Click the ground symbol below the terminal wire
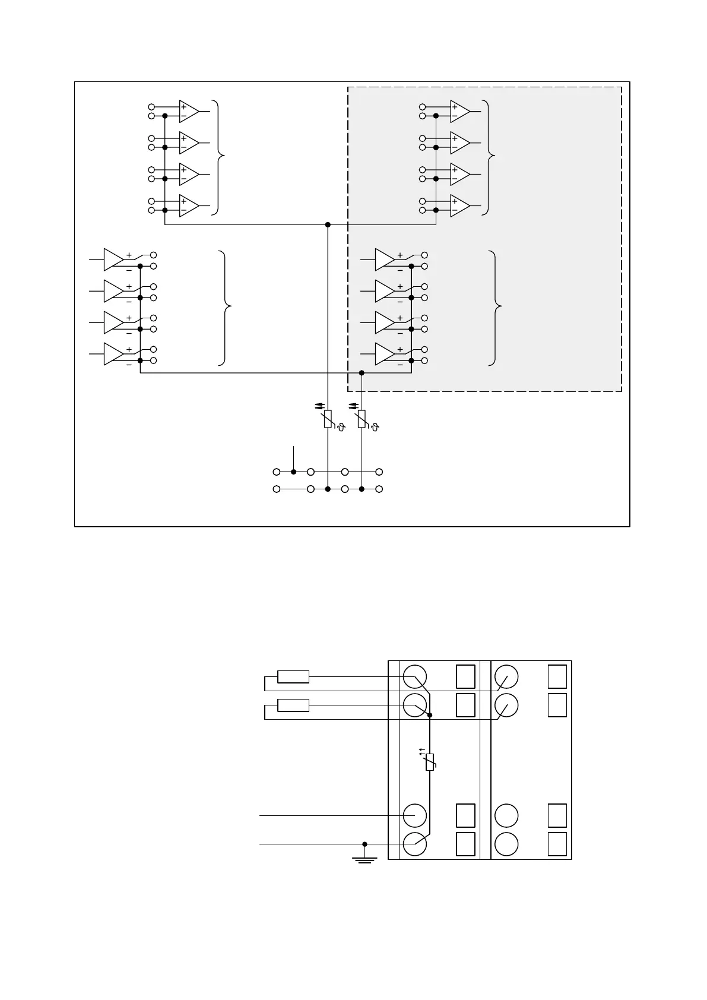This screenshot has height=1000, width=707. click(364, 858)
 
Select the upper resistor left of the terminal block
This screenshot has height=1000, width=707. click(293, 676)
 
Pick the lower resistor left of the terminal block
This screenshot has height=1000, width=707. click(293, 705)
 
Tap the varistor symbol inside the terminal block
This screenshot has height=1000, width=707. click(430, 761)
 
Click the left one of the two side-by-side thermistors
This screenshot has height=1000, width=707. click(328, 419)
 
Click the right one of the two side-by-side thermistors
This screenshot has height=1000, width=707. click(362, 419)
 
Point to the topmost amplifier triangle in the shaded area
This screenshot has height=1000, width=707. click(459, 111)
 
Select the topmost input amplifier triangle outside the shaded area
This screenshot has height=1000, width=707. click(189, 111)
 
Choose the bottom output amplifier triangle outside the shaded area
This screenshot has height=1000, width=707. click(113, 354)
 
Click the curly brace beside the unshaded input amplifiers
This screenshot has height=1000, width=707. click(221, 157)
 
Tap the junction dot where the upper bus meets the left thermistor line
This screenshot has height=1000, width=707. click(328, 224)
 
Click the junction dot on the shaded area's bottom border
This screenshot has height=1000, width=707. click(362, 373)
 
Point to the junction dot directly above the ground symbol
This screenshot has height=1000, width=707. click(364, 844)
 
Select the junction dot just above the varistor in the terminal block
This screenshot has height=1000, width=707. click(430, 716)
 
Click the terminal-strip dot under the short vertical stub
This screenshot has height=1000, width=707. click(293, 472)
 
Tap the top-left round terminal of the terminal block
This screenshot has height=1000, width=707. click(414, 676)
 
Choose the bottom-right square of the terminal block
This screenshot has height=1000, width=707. click(557, 844)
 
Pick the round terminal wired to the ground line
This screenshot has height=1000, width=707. click(414, 844)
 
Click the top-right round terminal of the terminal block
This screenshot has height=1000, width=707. click(506, 676)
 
